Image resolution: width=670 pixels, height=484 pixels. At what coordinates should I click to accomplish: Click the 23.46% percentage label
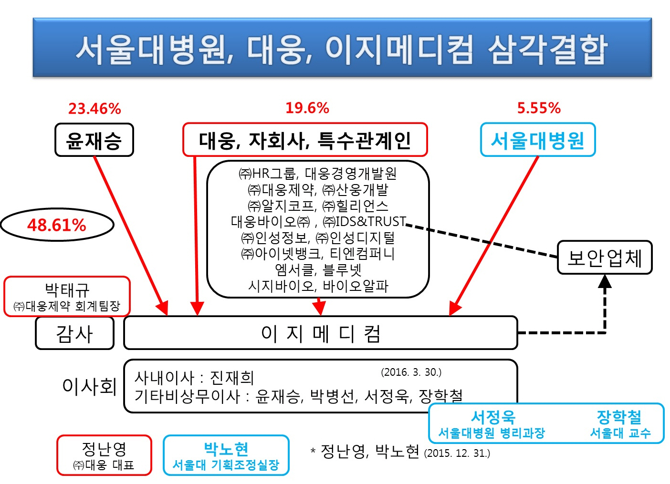(94, 109)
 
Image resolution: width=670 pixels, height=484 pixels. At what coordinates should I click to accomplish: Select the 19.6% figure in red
(307, 108)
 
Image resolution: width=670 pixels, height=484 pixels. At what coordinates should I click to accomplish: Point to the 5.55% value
(539, 108)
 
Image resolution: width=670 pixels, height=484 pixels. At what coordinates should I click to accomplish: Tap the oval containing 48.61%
(57, 225)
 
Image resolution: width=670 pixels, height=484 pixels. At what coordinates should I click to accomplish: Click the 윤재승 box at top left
(94, 140)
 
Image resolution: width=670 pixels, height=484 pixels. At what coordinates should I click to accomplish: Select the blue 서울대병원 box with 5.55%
(538, 140)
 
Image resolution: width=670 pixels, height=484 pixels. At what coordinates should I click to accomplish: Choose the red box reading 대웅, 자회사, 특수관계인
(305, 140)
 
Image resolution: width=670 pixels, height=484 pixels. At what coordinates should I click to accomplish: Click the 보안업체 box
(605, 258)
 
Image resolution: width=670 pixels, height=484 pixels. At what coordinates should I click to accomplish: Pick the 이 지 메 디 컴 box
(321, 333)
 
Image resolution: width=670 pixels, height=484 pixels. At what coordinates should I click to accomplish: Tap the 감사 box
(74, 333)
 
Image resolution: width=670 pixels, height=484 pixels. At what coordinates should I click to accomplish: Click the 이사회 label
(90, 386)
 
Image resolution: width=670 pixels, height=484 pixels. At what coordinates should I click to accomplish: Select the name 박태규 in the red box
(67, 289)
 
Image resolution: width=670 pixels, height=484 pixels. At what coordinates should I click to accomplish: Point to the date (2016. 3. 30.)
(411, 372)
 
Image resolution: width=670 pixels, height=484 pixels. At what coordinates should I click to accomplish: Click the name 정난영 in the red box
(104, 449)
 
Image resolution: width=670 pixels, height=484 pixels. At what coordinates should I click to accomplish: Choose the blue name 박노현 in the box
(226, 449)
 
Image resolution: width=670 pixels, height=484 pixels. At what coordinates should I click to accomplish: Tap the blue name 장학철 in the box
(619, 417)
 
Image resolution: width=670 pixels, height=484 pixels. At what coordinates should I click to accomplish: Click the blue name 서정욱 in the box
(493, 417)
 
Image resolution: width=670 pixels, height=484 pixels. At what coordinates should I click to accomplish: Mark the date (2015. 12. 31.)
(457, 453)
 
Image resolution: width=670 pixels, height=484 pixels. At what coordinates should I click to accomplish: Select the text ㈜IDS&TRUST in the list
(365, 222)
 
